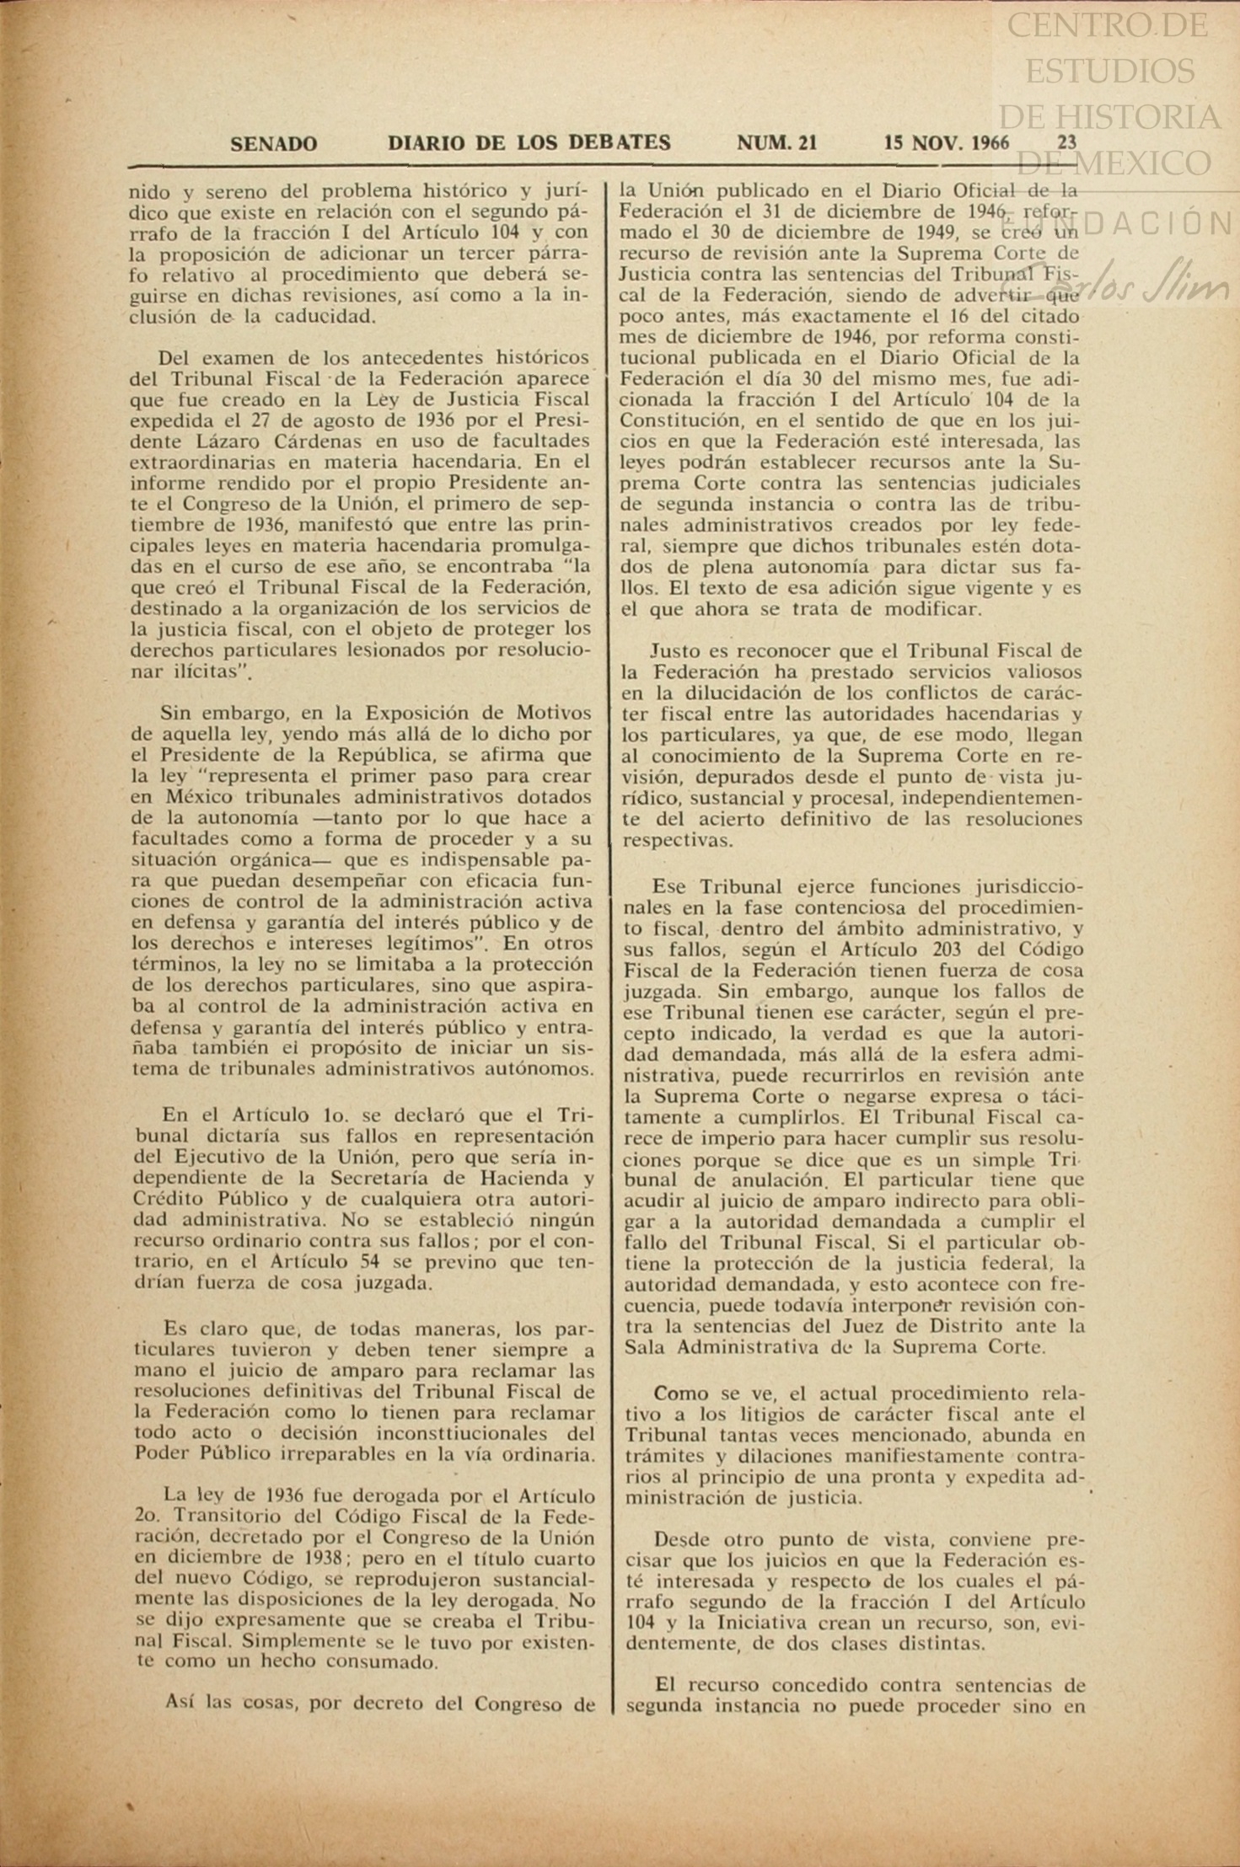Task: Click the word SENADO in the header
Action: tap(273, 144)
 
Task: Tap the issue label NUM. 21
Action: tap(776, 143)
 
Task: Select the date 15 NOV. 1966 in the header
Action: tap(946, 142)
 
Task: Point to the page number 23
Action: tap(1066, 142)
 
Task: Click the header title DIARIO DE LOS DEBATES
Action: tap(529, 143)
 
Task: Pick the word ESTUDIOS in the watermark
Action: tap(1109, 71)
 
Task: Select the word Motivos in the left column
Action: tap(551, 713)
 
